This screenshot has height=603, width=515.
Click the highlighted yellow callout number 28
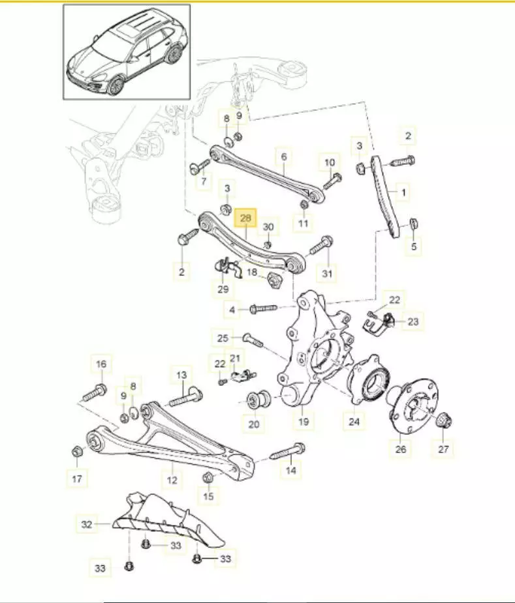click(x=246, y=217)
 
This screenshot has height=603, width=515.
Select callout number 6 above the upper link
click(x=284, y=157)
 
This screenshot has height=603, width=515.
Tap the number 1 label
click(x=403, y=192)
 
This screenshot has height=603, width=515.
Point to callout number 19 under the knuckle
click(x=303, y=422)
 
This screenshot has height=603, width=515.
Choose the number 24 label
click(x=354, y=422)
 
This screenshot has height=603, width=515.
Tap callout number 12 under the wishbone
click(x=172, y=480)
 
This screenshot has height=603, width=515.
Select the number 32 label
click(x=87, y=523)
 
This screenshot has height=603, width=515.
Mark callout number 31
click(x=327, y=274)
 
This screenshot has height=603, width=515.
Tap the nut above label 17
click(x=76, y=451)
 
